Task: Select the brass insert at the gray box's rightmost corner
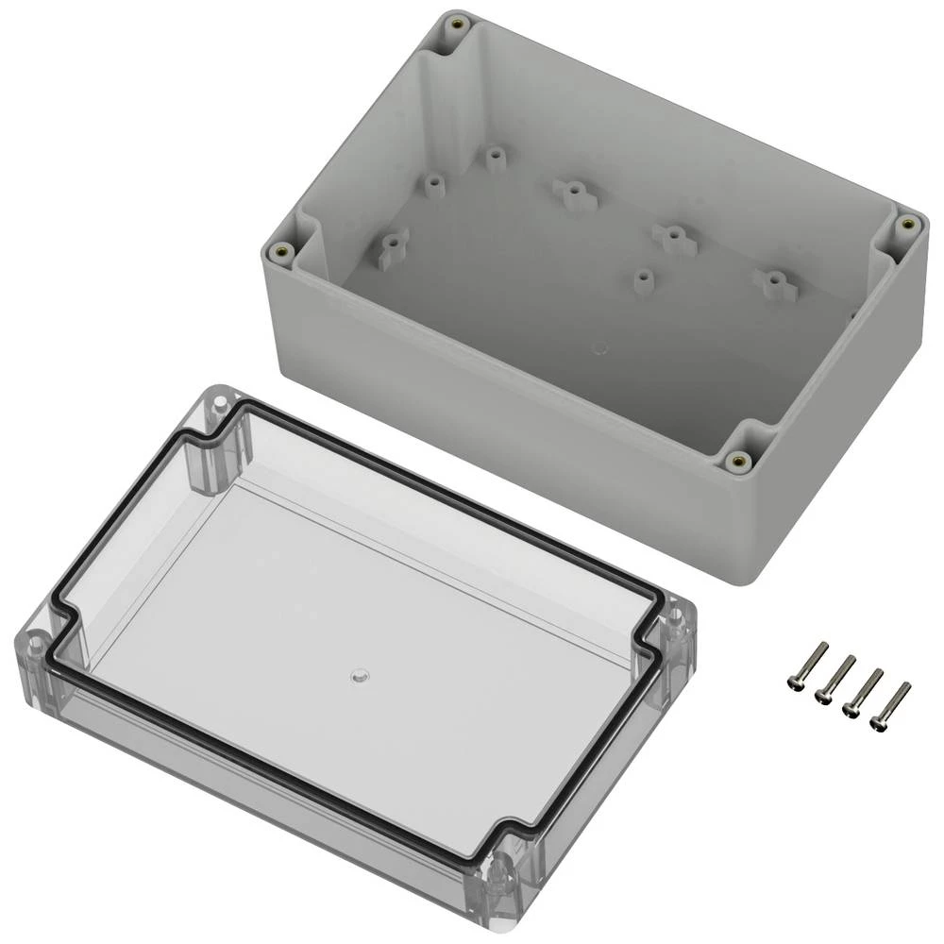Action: coord(908,224)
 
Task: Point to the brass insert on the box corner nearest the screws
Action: coord(737,461)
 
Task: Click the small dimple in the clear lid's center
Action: coord(358,675)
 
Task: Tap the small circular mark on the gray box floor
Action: coord(598,346)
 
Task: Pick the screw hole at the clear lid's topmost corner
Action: coord(219,404)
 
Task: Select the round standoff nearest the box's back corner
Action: coord(494,153)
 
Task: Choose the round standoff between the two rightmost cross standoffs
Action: coord(644,279)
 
